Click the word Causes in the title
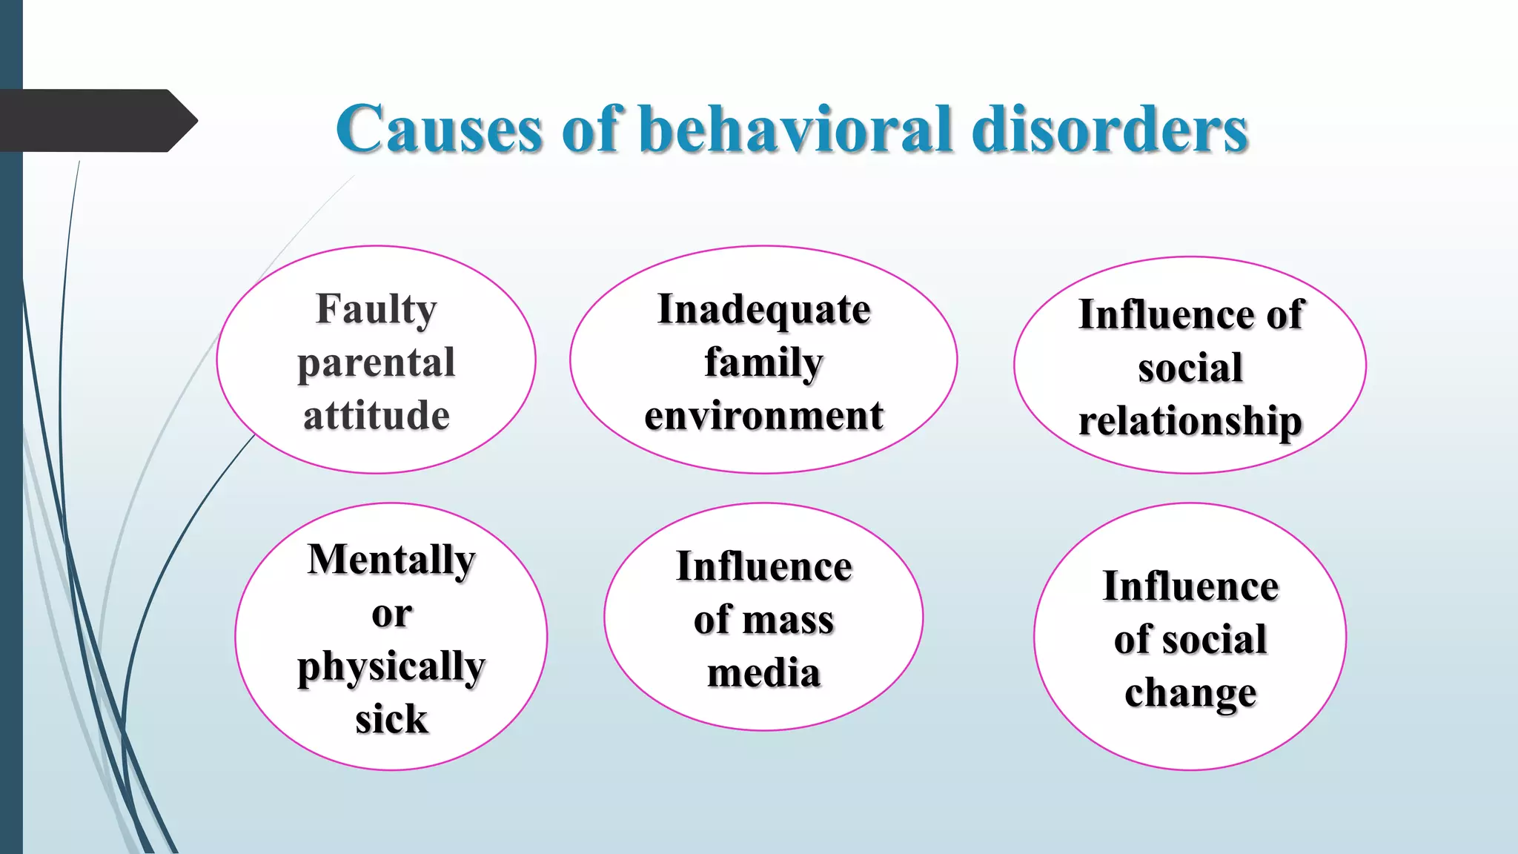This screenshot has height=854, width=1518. coord(440,129)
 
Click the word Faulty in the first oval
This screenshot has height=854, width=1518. coord(377,309)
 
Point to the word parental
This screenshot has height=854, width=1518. coord(377,363)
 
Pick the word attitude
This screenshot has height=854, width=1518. coord(377,415)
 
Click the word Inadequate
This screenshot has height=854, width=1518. coord(763,310)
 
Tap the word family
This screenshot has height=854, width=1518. coord(763,363)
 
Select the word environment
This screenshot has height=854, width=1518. coord(763,416)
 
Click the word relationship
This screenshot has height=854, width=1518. coord(1190,421)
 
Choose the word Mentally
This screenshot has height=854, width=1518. coord(391,560)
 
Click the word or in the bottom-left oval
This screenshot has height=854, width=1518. coord(391,614)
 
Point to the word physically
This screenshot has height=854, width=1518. coord(391,666)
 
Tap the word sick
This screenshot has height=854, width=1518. coord(391,719)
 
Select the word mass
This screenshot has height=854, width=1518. coord(789,620)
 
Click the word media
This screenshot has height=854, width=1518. coord(763,673)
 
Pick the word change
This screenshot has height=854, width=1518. coord(1190,693)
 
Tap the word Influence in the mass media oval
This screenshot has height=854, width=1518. coord(763,567)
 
